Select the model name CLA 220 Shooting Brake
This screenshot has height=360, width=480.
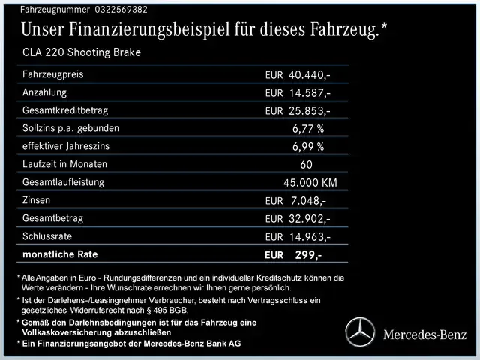coord(81,53)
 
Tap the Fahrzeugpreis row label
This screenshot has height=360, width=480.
coord(53,74)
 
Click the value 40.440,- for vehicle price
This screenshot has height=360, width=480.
coord(310,75)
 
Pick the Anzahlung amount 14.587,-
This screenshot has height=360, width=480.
coord(310,93)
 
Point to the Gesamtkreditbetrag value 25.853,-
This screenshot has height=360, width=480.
coord(310,111)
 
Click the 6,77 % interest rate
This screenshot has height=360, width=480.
coord(308,129)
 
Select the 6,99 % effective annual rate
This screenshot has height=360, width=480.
coord(308,147)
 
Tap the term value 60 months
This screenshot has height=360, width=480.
coord(306,165)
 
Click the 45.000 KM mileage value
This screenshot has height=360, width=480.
coord(310,183)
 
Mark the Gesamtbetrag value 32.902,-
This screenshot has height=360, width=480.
coord(310,219)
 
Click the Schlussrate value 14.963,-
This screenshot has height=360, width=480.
coord(310,237)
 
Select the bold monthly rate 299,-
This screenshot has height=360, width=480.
coord(308,255)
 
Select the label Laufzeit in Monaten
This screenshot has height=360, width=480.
coord(65,164)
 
